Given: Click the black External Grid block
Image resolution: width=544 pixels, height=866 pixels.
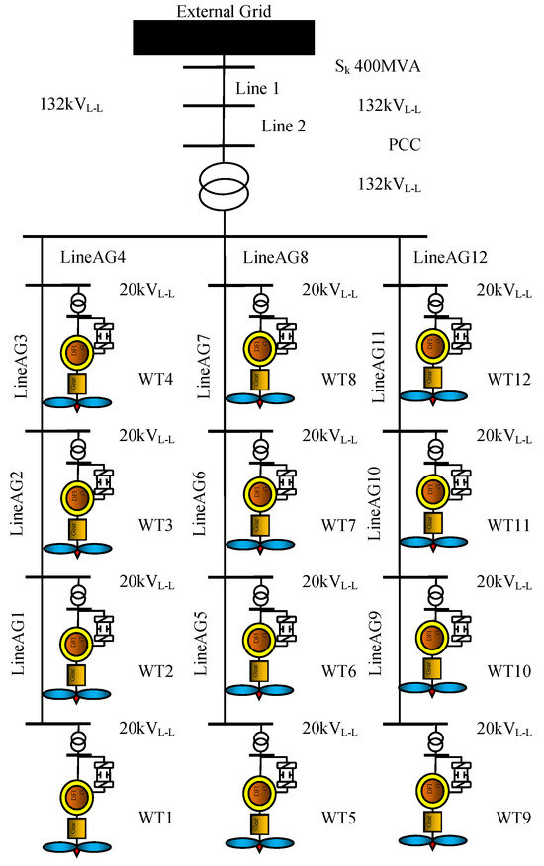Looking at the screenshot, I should [224, 37].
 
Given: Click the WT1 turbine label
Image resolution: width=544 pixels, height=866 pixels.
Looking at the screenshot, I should [157, 817].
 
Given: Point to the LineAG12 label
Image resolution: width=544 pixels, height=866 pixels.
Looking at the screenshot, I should [451, 259].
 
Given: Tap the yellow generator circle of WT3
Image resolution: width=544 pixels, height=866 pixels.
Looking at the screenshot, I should [77, 497].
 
